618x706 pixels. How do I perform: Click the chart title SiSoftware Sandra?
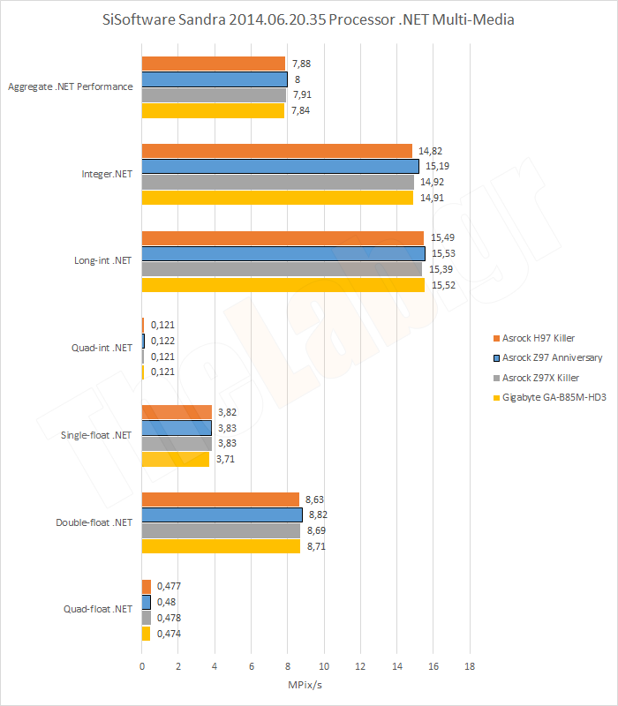308,20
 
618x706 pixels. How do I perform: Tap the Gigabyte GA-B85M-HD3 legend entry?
554,396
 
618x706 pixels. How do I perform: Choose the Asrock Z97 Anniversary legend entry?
552,357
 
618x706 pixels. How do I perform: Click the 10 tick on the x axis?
324,665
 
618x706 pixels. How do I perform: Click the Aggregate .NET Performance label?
70,87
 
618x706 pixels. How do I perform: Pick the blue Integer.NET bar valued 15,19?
280,166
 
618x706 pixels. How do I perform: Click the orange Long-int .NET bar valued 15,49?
283,237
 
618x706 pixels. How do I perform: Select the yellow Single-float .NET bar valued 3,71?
176,459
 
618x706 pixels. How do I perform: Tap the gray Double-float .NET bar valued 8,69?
221,530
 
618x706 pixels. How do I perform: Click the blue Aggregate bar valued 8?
215,79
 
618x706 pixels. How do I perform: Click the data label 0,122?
162,341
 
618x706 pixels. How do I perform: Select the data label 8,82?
320,515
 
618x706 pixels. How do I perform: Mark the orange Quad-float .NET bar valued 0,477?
146,585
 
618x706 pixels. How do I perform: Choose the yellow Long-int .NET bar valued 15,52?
283,285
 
